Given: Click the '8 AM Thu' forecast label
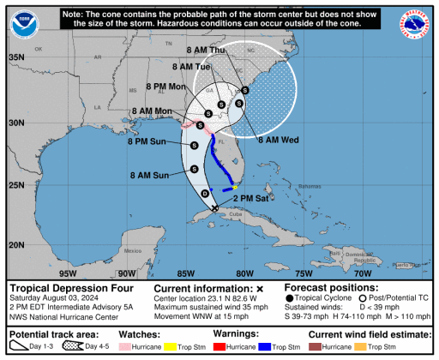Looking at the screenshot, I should tap(204, 51).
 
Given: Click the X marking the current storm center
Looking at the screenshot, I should tap(214, 207).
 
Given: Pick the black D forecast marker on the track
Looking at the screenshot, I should tap(204, 195).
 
